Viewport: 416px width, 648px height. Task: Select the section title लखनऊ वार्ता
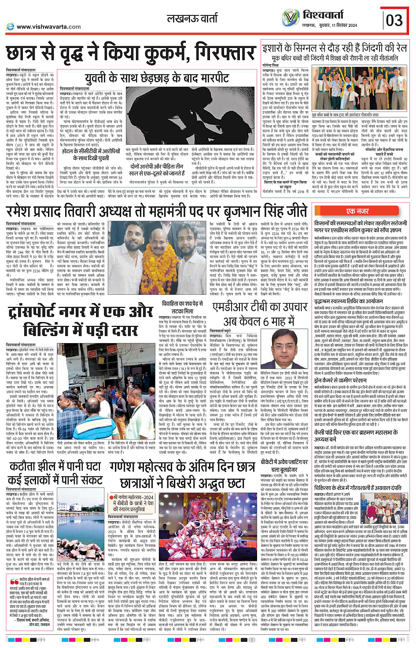(x=192, y=19)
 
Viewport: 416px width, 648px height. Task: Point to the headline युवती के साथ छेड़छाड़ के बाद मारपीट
(x=157, y=78)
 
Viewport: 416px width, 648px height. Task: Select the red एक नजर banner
(x=357, y=211)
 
